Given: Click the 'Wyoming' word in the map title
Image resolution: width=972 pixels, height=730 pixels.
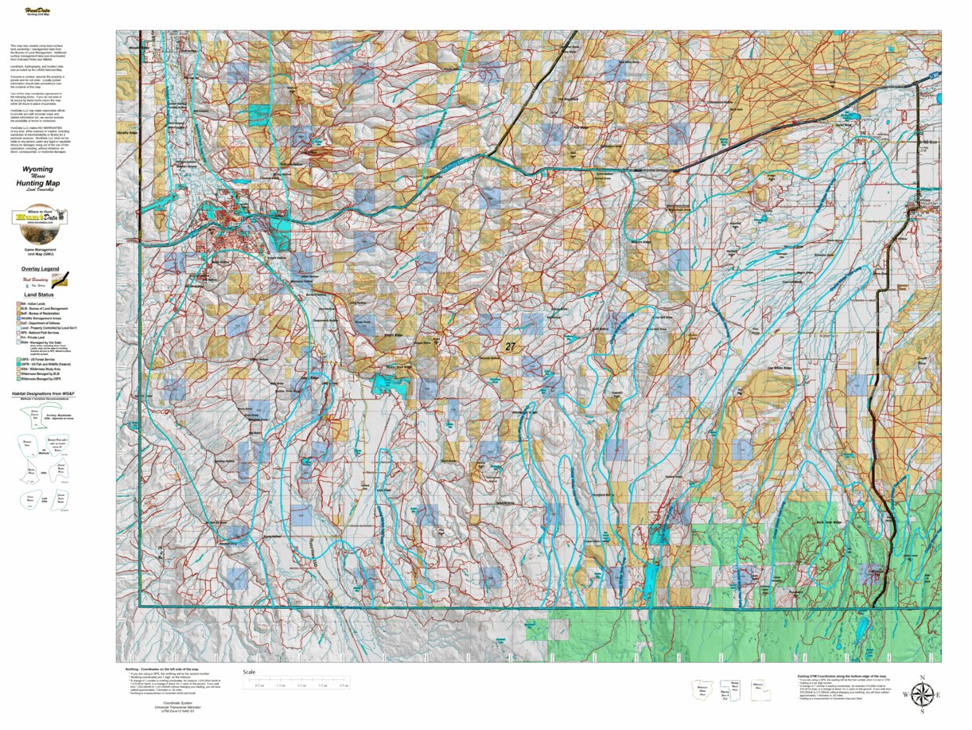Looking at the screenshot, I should pyautogui.click(x=38, y=170).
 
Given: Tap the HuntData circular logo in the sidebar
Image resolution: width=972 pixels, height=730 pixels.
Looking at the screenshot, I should pyautogui.click(x=39, y=218).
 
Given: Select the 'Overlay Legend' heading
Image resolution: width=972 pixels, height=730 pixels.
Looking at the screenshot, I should pyautogui.click(x=40, y=269).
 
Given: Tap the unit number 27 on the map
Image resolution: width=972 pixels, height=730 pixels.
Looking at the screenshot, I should pyautogui.click(x=510, y=346).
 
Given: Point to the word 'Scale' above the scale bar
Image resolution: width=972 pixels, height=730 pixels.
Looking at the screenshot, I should pyautogui.click(x=250, y=672).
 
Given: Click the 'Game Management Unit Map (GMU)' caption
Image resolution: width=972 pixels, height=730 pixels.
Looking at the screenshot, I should pyautogui.click(x=39, y=252).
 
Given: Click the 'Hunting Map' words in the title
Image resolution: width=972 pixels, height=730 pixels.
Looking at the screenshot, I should pyautogui.click(x=38, y=183).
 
